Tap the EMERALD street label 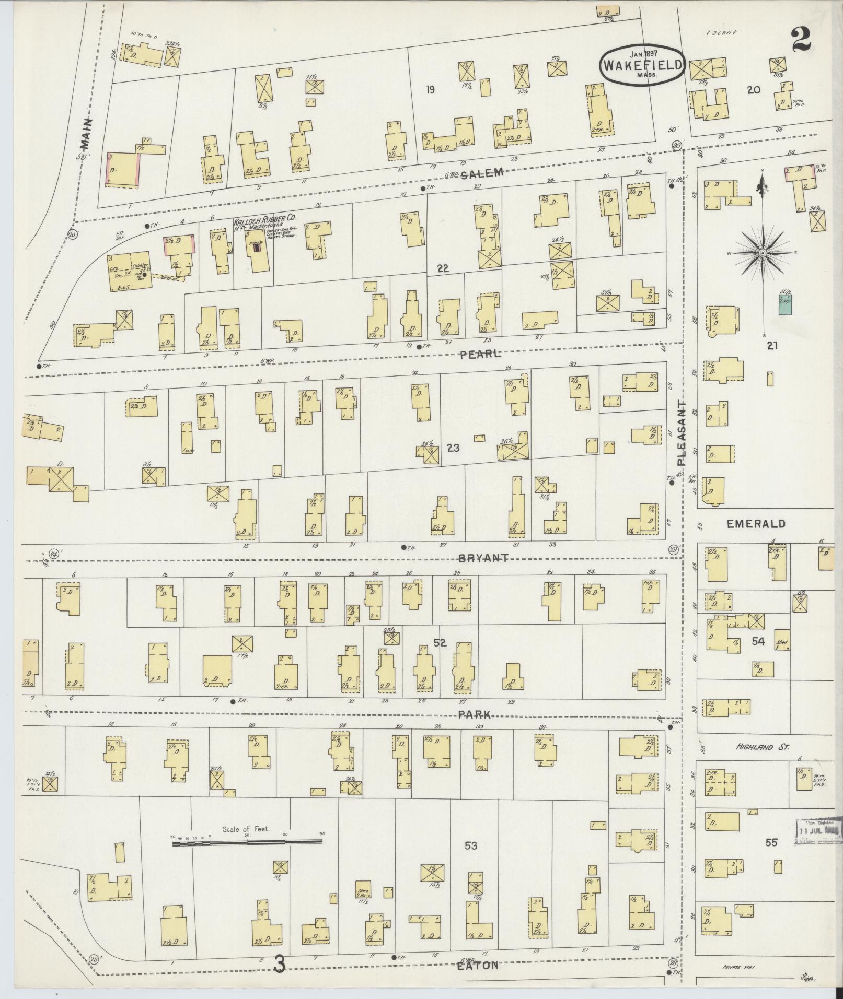(756, 524)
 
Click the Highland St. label (762, 748)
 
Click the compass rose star (763, 253)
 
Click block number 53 (470, 860)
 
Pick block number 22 (443, 268)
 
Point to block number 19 (430, 89)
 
